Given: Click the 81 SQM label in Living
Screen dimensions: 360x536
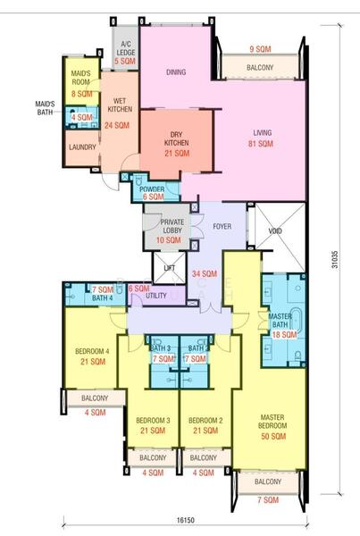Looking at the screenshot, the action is [261, 144].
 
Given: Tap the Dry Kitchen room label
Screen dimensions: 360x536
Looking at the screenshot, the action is [176, 138].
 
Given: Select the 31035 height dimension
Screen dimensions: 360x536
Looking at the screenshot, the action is [335, 259].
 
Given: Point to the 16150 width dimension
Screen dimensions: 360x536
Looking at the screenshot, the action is [186, 520].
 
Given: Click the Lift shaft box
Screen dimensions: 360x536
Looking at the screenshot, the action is [170, 268].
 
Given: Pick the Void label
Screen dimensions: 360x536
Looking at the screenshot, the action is [275, 231].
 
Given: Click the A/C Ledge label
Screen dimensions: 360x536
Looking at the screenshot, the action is [126, 48].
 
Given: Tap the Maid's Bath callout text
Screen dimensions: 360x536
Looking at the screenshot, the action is [45, 108].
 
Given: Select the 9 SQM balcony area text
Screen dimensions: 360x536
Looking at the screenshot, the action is [260, 49].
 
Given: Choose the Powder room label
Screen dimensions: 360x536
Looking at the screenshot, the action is [152, 189].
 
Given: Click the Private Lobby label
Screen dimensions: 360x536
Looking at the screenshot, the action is [172, 226].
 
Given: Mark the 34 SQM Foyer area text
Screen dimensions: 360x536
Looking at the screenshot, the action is [205, 274].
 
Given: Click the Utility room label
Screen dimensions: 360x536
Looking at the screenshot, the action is [156, 296].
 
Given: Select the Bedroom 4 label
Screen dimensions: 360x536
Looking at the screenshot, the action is [92, 351].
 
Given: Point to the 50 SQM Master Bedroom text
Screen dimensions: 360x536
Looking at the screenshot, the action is [273, 436].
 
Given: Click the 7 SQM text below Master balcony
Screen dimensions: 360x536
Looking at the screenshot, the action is [268, 500].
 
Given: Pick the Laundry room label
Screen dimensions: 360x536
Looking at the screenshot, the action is [82, 147].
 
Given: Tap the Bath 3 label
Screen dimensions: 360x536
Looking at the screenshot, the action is [160, 348].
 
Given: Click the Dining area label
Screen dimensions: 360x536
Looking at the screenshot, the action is [176, 72].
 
